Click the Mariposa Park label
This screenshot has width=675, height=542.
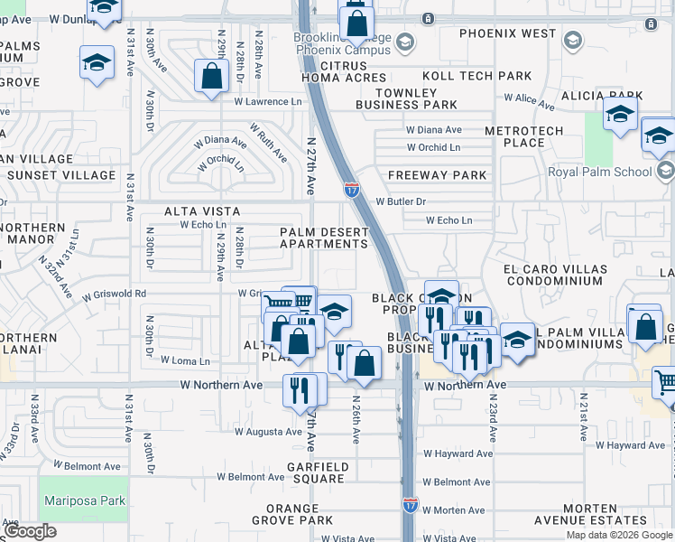pyautogui.click(x=83, y=500)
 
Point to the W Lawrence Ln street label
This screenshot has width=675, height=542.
pyautogui.click(x=268, y=101)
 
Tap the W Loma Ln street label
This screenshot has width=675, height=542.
pyautogui.click(x=184, y=360)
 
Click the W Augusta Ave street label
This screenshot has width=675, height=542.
pyautogui.click(x=267, y=432)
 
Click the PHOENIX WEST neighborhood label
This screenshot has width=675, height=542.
pyautogui.click(x=507, y=33)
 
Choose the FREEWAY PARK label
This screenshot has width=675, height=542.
pyautogui.click(x=437, y=175)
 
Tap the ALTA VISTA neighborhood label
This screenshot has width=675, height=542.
pyautogui.click(x=202, y=211)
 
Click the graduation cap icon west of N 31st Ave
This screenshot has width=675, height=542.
pyautogui.click(x=97, y=63)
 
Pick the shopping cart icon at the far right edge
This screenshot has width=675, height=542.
pyautogui.click(x=666, y=383)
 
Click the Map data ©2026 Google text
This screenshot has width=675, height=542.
pyautogui.click(x=618, y=535)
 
